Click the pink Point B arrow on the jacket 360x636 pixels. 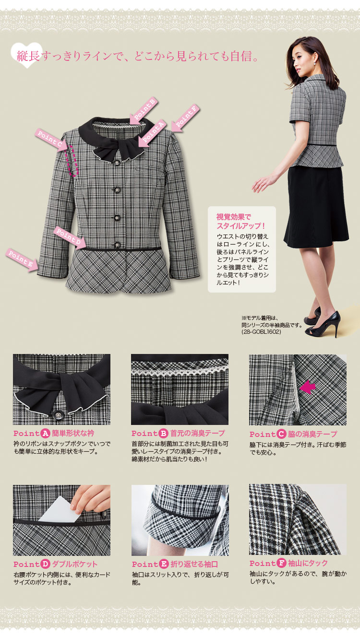point(144,111)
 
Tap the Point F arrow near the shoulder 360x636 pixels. point(185,118)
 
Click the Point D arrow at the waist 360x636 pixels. point(70,237)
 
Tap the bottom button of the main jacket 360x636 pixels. point(117,245)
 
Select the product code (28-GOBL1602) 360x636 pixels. point(261,331)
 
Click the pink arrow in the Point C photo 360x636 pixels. point(307,387)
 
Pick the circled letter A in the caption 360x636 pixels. point(45,433)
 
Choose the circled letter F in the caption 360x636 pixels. point(281,563)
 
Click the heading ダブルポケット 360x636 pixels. point(75,564)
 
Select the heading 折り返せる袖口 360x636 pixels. point(194,564)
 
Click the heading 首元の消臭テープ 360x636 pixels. point(197,433)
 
